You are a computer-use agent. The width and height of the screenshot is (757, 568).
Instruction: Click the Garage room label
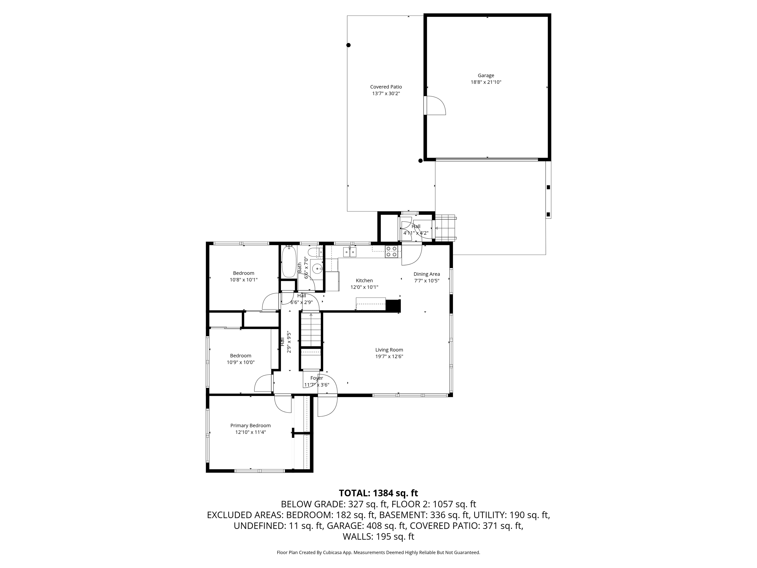pos(486,76)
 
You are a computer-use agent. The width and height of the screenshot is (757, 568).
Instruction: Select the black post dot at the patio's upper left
pos(348,45)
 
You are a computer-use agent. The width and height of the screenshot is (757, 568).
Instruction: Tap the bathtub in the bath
pos(289,262)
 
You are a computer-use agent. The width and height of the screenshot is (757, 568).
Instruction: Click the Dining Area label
pos(426,274)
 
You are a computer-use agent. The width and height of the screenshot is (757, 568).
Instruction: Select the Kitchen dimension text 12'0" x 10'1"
pos(364,287)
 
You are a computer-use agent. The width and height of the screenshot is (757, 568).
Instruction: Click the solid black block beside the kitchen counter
pos(393,305)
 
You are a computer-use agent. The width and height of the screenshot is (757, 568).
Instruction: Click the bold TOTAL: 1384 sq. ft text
pos(378,493)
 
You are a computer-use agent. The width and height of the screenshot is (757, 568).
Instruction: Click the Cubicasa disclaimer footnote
pos(378,552)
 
